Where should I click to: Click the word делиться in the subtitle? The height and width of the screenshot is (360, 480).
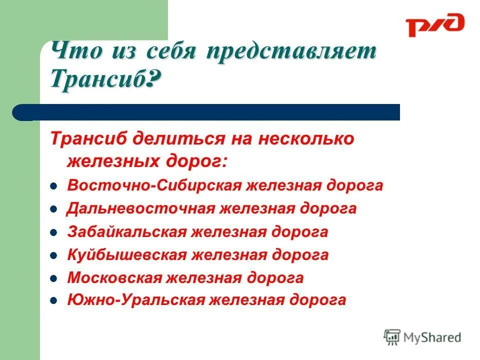tap(173, 139)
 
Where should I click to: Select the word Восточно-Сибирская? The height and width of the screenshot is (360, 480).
tap(154, 185)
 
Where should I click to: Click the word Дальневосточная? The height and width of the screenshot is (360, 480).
tap(140, 208)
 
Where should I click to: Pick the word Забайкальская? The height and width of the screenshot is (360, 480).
tap(126, 232)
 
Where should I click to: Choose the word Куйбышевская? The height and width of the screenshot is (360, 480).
tap(126, 255)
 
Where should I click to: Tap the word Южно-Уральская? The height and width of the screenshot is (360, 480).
tap(136, 300)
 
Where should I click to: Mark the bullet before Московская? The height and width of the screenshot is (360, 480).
tap(53, 278)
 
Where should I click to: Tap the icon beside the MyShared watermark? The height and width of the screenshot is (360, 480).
tap(392, 337)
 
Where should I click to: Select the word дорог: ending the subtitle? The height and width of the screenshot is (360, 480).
tap(196, 161)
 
